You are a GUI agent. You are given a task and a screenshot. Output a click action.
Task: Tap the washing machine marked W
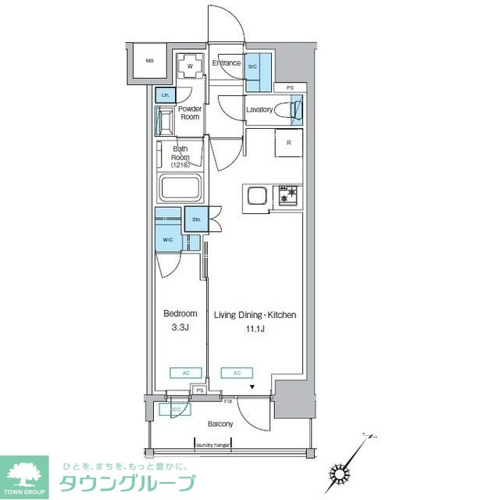(x=190, y=66)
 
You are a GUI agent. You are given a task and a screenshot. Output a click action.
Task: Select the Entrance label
(x=227, y=62)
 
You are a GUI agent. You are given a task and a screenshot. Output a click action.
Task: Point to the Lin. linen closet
(x=165, y=96)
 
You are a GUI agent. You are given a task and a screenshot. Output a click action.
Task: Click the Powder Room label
(x=190, y=112)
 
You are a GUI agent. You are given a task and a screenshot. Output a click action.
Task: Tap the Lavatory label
(x=259, y=109)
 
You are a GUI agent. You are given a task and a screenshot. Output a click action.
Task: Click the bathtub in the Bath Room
(x=181, y=188)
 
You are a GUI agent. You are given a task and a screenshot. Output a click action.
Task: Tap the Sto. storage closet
(x=196, y=220)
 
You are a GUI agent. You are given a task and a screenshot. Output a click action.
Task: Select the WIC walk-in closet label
(x=168, y=240)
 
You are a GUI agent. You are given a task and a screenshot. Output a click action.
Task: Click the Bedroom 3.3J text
(x=180, y=320)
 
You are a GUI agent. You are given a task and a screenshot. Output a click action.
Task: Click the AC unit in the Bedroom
(x=185, y=373)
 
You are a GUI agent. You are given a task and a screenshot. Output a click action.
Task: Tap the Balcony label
(x=220, y=424)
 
